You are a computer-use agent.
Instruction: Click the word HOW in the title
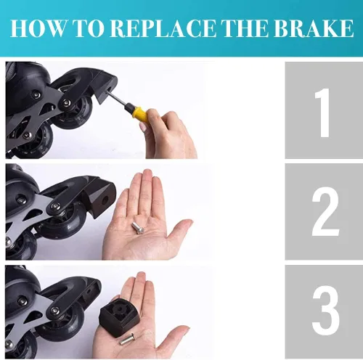[x=38, y=28]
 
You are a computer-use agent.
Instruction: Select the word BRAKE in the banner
[x=314, y=28]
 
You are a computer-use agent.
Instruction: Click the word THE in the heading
[x=246, y=28]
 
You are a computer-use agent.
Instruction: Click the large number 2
[x=325, y=212]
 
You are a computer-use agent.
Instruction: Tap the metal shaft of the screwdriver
[x=118, y=99]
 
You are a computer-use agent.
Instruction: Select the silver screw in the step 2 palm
[x=138, y=228]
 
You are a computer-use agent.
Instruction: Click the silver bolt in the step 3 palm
[x=128, y=338]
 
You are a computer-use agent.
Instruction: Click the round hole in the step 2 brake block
[x=105, y=200]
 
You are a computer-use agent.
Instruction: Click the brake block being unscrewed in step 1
[x=106, y=89]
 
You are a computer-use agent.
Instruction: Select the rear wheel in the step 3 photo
[x=57, y=324]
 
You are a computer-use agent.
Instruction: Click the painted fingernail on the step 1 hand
[x=143, y=126]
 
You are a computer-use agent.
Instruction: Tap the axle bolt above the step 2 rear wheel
[x=55, y=206]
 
